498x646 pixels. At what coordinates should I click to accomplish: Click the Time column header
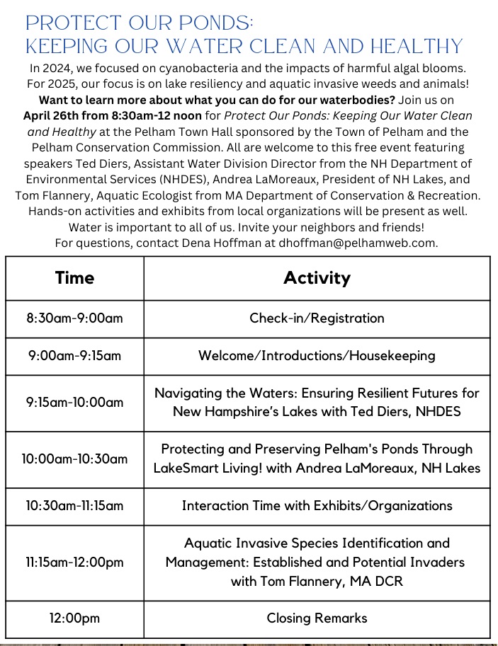pos(74,278)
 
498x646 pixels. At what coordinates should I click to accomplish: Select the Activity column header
pos(317,278)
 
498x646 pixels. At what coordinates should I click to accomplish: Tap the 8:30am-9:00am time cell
pos(74,318)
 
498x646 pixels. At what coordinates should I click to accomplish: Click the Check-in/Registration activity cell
pos(317,318)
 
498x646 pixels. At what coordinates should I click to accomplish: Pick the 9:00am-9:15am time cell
pos(74,355)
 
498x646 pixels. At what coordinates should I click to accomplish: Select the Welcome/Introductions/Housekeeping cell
pos(317,355)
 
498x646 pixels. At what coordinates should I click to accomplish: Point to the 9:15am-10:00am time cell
pos(74,402)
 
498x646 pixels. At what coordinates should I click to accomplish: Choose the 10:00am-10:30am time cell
pos(74,458)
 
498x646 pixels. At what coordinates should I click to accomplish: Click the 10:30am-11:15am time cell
pos(74,505)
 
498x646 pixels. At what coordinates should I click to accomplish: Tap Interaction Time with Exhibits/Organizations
pos(317,505)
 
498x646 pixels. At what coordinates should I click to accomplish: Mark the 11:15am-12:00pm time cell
pos(74,562)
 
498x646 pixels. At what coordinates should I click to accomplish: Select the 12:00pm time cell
pos(74,618)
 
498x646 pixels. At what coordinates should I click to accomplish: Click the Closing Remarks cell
pos(317,618)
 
